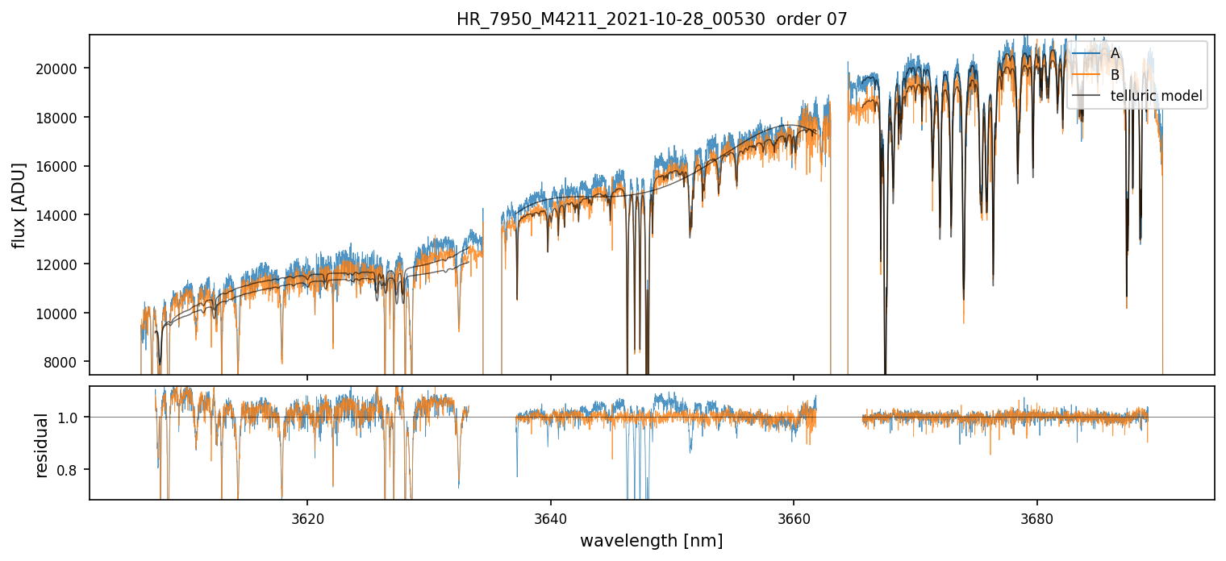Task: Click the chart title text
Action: (x=652, y=19)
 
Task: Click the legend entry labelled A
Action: (x=1115, y=53)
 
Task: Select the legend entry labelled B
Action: (x=1115, y=75)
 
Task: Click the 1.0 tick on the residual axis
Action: (x=71, y=418)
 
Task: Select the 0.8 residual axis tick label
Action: (x=71, y=470)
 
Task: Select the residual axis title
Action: (x=42, y=444)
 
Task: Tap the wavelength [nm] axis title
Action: (x=651, y=541)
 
